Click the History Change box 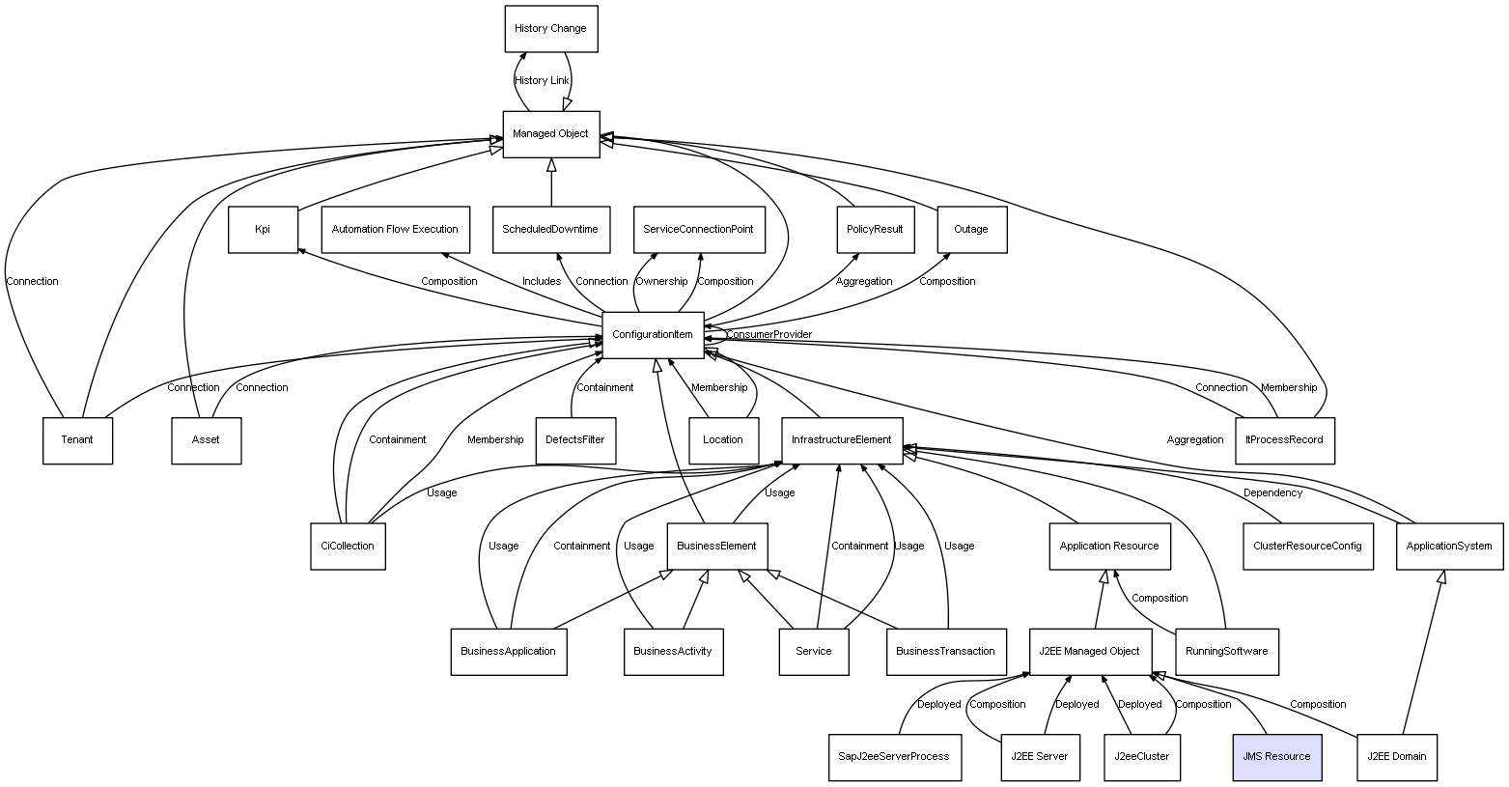coord(550,29)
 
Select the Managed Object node coord(550,134)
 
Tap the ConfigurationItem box coord(653,335)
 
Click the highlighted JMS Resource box coord(1276,756)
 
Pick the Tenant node coord(77,440)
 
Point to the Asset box coord(206,440)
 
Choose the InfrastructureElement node coord(841,440)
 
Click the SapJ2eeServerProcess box coord(889,756)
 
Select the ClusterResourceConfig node coord(1307,546)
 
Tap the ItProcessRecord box coord(1284,440)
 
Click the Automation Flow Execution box coord(395,230)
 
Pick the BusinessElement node coord(716,546)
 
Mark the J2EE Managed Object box coord(1089,651)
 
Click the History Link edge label coord(542,81)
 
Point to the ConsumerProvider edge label coord(768,335)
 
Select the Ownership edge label coord(661,282)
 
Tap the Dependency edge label coord(1272,493)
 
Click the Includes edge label coord(542,282)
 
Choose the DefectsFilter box coord(575,440)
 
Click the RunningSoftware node coord(1227,651)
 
